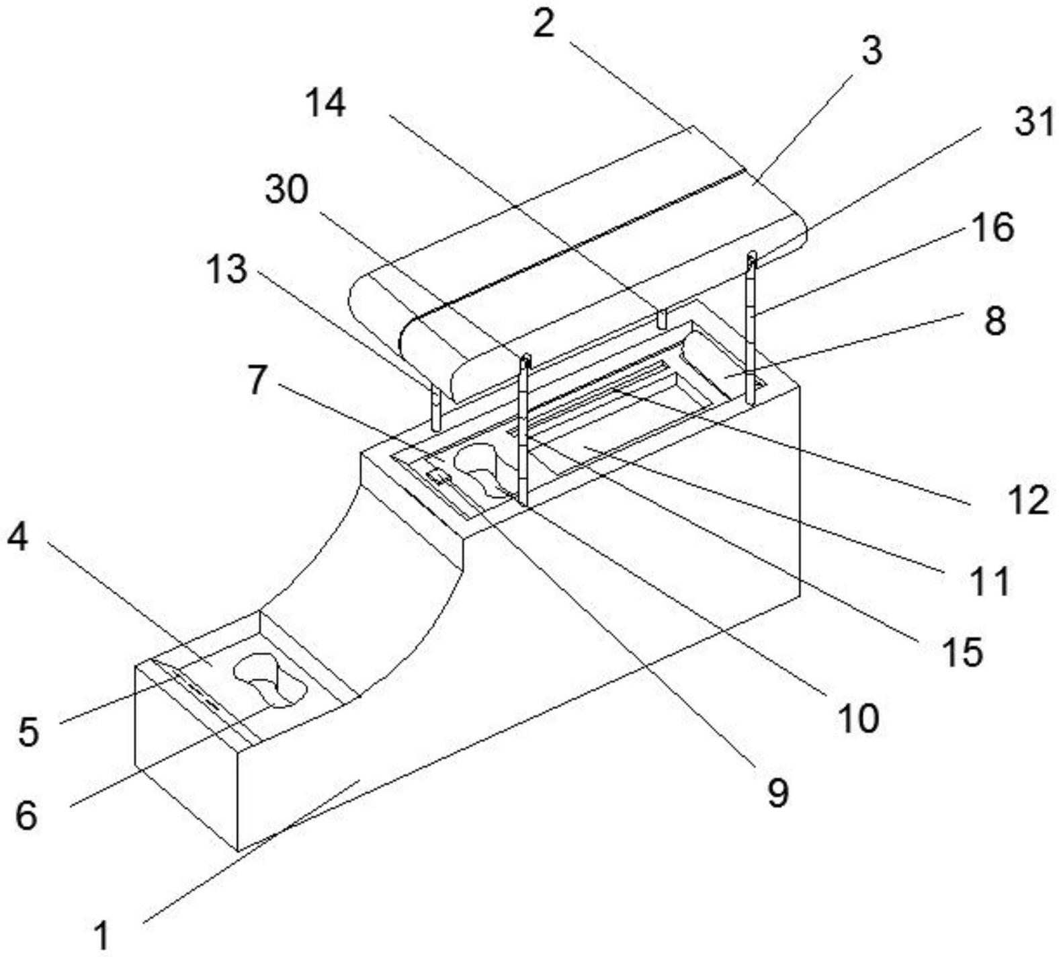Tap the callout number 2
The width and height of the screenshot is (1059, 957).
(544, 24)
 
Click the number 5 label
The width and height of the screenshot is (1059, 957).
(28, 732)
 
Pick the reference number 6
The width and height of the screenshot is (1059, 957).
(27, 817)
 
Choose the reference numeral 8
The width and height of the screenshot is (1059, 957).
(994, 321)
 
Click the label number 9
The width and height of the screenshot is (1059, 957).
(777, 794)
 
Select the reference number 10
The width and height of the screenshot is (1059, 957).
(858, 718)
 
